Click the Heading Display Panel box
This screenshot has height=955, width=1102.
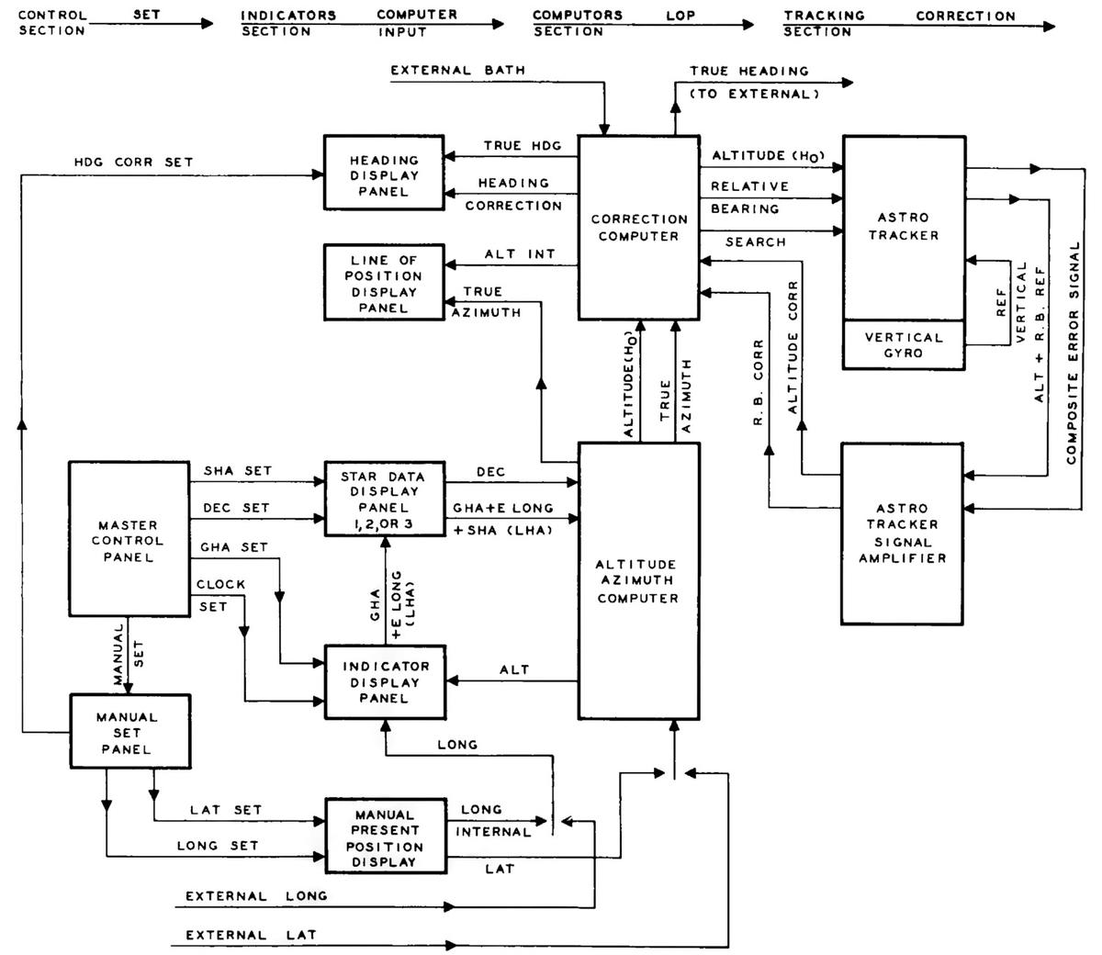[384, 175]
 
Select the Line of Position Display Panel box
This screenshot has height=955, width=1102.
[384, 284]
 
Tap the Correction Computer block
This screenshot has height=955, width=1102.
[639, 228]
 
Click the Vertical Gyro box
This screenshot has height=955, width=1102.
[904, 345]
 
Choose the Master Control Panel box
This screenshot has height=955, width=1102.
[129, 540]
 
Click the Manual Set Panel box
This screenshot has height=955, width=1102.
[128, 732]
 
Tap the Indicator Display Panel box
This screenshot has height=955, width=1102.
[384, 681]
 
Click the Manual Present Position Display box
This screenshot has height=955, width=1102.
[384, 837]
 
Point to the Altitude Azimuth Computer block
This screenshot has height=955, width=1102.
[638, 580]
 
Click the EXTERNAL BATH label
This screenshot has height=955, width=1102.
[457, 71]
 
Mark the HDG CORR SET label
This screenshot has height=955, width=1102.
[134, 162]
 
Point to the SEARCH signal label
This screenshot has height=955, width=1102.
[755, 242]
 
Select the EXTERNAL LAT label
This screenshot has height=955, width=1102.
[251, 935]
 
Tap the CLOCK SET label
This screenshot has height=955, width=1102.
[220, 594]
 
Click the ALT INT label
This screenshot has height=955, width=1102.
[520, 254]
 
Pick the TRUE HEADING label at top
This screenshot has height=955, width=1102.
[749, 71]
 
